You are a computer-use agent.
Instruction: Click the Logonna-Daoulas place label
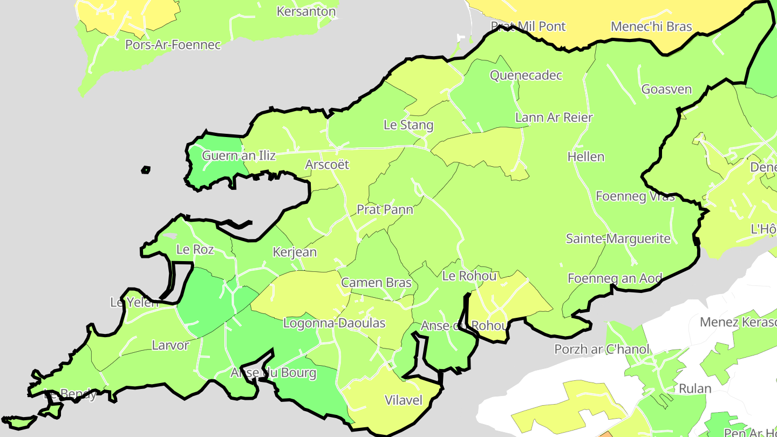(x=335, y=323)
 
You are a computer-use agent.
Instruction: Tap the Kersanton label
(x=306, y=11)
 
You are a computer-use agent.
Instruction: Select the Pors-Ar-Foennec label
(x=173, y=45)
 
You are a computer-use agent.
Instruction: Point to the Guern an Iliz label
(x=238, y=156)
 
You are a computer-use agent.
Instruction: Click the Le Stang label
(x=408, y=125)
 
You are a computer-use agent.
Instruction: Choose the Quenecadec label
(x=526, y=76)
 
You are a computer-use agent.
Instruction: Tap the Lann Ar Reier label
(x=554, y=118)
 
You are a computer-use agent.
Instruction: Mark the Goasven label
(x=666, y=90)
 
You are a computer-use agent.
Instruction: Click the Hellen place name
(x=586, y=157)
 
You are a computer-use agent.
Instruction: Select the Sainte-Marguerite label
(x=618, y=238)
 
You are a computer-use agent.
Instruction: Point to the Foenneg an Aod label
(x=615, y=278)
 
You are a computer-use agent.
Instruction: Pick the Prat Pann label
(x=385, y=209)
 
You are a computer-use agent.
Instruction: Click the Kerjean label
(x=295, y=252)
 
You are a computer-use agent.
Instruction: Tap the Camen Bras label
(x=376, y=283)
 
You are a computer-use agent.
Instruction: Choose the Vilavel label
(x=404, y=400)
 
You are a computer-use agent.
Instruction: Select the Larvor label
(x=171, y=345)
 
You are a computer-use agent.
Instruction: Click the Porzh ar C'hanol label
(x=602, y=349)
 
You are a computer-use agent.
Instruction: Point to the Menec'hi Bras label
(x=651, y=26)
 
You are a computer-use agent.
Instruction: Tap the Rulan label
(x=695, y=388)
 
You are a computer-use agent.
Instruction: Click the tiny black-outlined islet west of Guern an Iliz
(x=146, y=170)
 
